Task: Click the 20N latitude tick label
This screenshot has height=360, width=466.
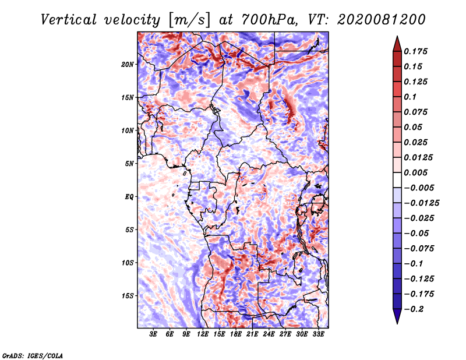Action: coord(128,64)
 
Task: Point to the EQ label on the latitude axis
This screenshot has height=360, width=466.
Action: coord(129,196)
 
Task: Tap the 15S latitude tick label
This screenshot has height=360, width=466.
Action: coord(128,295)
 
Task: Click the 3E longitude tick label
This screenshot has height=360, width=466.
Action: coord(154,334)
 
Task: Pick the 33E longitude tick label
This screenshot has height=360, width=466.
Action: coord(319,334)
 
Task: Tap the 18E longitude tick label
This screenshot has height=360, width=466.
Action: coord(236,334)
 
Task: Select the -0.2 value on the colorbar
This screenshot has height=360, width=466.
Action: coord(414,309)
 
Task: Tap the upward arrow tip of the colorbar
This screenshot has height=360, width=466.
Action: coord(396,38)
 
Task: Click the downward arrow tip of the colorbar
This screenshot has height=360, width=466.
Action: coord(396,322)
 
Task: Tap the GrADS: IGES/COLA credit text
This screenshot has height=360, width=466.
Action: coord(32,355)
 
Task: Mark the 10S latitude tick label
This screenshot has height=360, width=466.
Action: coord(128,263)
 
